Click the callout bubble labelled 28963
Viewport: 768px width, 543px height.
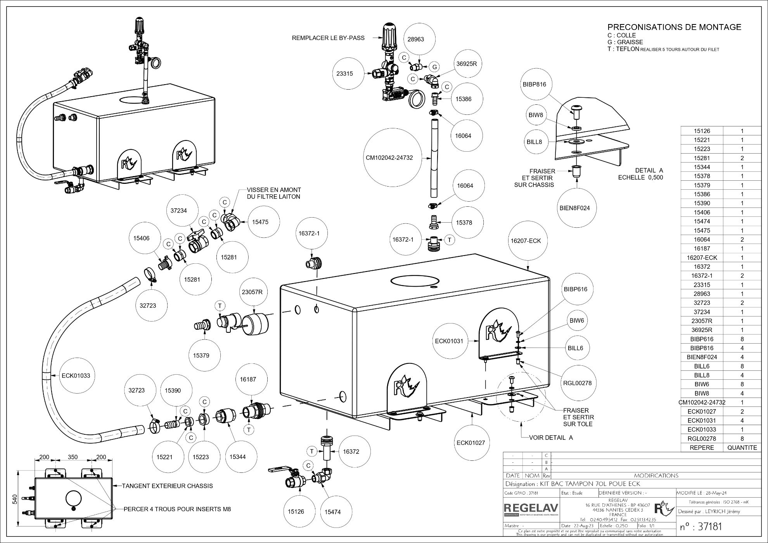[x=416, y=39]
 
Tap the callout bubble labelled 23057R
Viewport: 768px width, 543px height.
[x=252, y=292]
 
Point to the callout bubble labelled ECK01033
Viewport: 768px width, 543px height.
[x=76, y=375]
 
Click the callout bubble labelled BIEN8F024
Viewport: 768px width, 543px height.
[x=574, y=208]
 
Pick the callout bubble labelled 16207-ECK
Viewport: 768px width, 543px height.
[x=526, y=240]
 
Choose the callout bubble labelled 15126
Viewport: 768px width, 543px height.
[x=296, y=511]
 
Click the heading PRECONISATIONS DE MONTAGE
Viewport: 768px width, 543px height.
[x=674, y=27]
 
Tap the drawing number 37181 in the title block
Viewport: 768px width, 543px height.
[x=701, y=526]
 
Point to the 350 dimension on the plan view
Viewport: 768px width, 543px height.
[x=73, y=457]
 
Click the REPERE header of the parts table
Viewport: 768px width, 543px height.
[x=702, y=448]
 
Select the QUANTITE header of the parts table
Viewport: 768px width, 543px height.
[x=742, y=448]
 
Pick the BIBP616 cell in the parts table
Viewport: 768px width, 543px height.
[x=702, y=339]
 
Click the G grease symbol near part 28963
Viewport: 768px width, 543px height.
[x=435, y=67]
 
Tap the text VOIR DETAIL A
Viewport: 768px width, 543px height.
[x=551, y=438]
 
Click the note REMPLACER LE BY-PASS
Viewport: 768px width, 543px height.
[x=328, y=38]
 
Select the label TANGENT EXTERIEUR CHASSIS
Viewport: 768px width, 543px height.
[x=167, y=486]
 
